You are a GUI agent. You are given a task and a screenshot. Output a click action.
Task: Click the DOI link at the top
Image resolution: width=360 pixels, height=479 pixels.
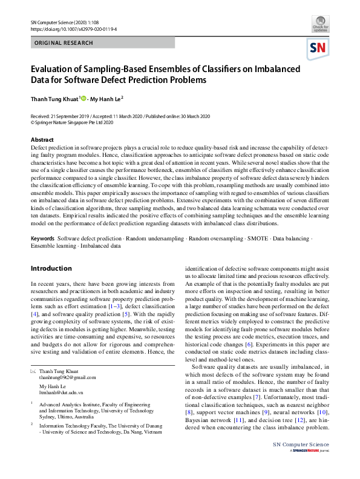tap(73, 28)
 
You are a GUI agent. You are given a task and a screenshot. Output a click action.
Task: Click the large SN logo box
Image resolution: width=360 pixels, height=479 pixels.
tap(319, 48)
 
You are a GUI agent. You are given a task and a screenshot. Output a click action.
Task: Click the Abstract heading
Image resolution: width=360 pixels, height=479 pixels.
tap(42, 140)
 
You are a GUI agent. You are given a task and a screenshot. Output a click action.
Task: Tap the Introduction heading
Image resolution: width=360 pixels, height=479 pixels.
tap(51, 268)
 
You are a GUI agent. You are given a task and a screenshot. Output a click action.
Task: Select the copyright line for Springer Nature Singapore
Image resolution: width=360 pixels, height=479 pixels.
tap(72, 122)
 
